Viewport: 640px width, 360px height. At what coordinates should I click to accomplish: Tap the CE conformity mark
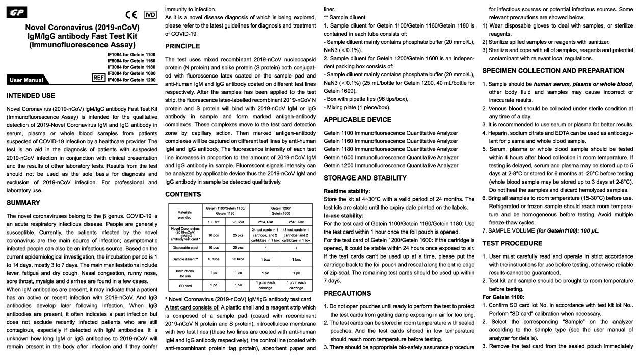131,15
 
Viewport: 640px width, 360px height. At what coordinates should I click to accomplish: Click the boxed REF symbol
98,77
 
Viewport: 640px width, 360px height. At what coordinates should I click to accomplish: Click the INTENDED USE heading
31,96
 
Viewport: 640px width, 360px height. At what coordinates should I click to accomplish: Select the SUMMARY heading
23,203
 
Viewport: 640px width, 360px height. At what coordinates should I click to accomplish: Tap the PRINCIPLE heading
182,46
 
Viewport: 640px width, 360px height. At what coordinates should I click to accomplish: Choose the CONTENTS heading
183,194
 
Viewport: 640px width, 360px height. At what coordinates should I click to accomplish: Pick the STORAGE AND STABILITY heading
365,178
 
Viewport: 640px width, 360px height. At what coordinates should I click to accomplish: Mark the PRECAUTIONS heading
348,293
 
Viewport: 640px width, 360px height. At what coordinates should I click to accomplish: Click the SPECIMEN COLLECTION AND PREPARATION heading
553,71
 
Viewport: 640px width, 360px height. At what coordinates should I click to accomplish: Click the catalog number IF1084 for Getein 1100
131,54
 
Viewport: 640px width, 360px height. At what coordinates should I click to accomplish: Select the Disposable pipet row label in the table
185,248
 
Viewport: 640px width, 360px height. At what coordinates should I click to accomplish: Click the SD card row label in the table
185,285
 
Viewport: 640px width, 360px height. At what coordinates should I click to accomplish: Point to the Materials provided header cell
185,214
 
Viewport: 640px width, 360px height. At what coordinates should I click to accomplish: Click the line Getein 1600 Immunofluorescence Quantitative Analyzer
391,158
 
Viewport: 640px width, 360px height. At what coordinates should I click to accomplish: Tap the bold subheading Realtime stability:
346,191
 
